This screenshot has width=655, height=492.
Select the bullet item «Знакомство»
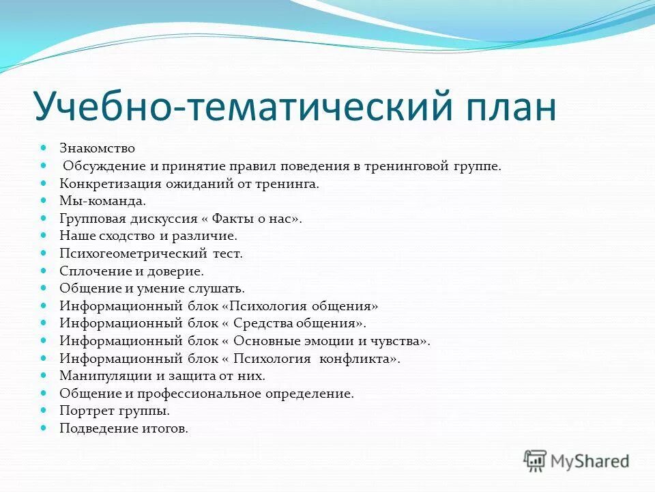97,148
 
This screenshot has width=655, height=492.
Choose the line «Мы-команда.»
102,202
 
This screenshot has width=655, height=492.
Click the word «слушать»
217,289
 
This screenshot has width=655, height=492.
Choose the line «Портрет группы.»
114,411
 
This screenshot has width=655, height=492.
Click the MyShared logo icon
536,461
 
